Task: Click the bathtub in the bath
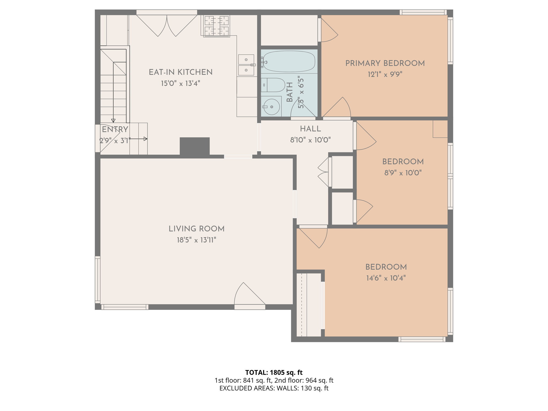click(289, 62)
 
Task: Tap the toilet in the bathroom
click(273, 85)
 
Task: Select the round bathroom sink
click(271, 107)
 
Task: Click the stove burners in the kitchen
click(216, 26)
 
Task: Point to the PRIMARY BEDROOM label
click(385, 63)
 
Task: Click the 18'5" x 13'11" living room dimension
click(196, 240)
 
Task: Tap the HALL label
click(310, 129)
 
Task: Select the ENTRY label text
click(115, 130)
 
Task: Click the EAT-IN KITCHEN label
click(181, 72)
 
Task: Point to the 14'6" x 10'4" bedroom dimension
click(386, 278)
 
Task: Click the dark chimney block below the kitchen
click(195, 146)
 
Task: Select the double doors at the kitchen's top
click(167, 25)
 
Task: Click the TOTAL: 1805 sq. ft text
click(274, 372)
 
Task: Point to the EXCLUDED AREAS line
click(274, 388)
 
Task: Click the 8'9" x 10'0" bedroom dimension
click(403, 173)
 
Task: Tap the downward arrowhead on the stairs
click(113, 121)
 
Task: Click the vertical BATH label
click(290, 92)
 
